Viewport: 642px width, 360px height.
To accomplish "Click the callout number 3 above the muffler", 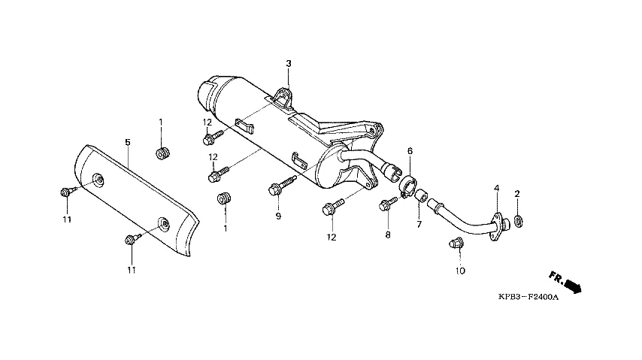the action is pyautogui.click(x=289, y=63).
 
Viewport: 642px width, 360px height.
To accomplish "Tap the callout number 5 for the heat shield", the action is pyautogui.click(x=128, y=142).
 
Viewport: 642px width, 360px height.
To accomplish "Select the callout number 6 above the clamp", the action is pyautogui.click(x=410, y=151).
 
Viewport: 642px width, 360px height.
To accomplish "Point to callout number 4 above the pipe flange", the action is pyautogui.click(x=497, y=189).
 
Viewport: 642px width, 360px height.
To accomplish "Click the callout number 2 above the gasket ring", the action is pyautogui.click(x=517, y=194).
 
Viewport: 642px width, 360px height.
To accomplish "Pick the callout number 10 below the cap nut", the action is pyautogui.click(x=460, y=271).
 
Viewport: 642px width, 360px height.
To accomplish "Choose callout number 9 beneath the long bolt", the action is pyautogui.click(x=278, y=216).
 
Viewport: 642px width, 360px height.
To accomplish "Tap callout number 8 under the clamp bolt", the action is pyautogui.click(x=388, y=234).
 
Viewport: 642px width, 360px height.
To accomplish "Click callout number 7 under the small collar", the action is pyautogui.click(x=419, y=225).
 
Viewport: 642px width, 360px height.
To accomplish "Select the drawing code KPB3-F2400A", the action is pyautogui.click(x=528, y=297).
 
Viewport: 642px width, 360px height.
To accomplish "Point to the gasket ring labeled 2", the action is pyautogui.click(x=518, y=222).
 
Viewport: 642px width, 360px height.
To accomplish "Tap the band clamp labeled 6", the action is pyautogui.click(x=407, y=186).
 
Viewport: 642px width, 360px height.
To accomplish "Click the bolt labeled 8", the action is pyautogui.click(x=388, y=203).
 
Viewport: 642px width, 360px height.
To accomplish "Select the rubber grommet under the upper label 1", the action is pyautogui.click(x=162, y=153).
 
